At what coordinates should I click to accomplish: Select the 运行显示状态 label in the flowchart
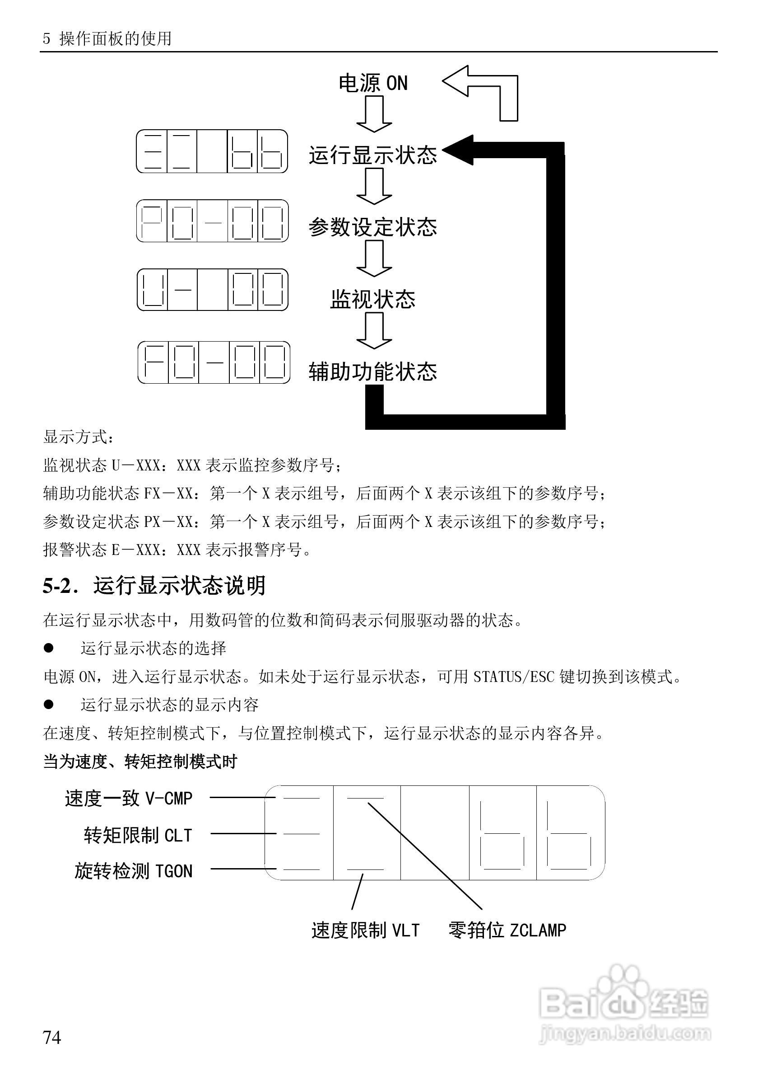coord(372,155)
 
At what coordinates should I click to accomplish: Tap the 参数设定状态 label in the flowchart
coord(372,227)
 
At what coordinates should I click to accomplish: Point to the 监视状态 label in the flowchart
coord(372,300)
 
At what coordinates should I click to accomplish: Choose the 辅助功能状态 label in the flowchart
coord(372,371)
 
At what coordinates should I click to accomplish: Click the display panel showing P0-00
coord(212,221)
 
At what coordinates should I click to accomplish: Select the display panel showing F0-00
coord(214,362)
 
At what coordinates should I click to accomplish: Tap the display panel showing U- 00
coord(212,290)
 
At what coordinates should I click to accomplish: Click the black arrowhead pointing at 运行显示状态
coord(459,150)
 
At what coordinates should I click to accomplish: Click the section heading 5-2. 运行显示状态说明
coord(154,586)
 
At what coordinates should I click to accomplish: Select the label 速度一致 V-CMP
coord(128,798)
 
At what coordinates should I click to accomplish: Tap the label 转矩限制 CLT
coord(138,835)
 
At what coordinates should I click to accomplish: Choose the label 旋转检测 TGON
coord(133,871)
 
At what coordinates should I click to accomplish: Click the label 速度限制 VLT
coord(365,930)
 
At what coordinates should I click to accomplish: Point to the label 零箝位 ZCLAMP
coord(507,930)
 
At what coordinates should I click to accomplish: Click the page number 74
coord(52,1037)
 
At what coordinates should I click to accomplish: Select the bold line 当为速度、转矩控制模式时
coord(140,761)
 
